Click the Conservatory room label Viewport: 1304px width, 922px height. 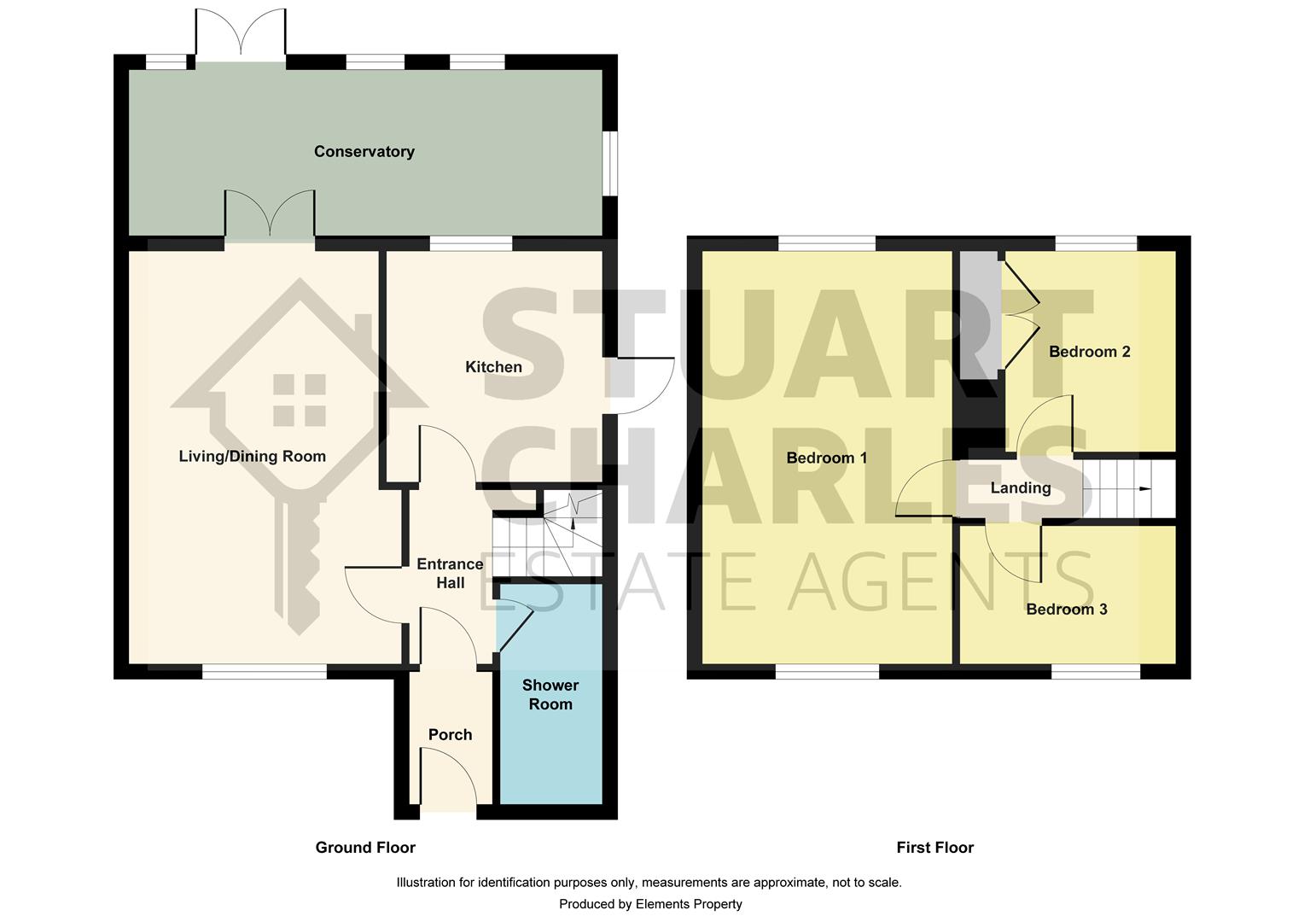pyautogui.click(x=364, y=152)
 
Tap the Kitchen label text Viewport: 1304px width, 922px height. pyautogui.click(x=493, y=367)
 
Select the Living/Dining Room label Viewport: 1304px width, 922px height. pyautogui.click(x=252, y=457)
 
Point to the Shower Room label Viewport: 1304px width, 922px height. pyautogui.click(x=550, y=695)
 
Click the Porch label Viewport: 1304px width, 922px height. pyautogui.click(x=450, y=735)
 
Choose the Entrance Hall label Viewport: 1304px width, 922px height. pyautogui.click(x=450, y=574)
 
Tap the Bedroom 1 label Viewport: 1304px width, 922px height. pyautogui.click(x=826, y=458)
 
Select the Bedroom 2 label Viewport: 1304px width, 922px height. pyautogui.click(x=1089, y=352)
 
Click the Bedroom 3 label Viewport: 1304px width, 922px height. pyautogui.click(x=1066, y=610)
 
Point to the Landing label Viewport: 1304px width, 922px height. pyautogui.click(x=1020, y=488)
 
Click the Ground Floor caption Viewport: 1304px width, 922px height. pyautogui.click(x=365, y=848)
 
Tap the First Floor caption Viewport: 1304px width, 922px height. pyautogui.click(x=934, y=848)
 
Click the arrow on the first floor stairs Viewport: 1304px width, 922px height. pyautogui.click(x=1144, y=489)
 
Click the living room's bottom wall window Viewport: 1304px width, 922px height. pyautogui.click(x=265, y=673)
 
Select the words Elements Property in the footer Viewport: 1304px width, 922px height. pyautogui.click(x=689, y=904)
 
